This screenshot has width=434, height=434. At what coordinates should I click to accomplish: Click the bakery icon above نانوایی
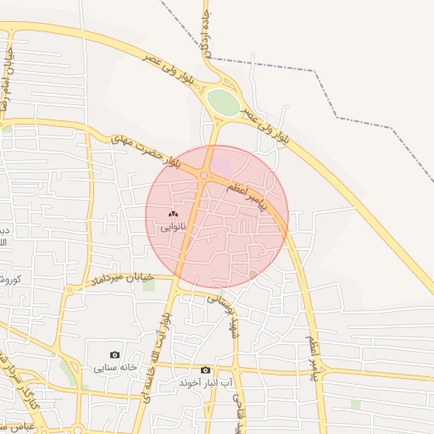tap(173, 214)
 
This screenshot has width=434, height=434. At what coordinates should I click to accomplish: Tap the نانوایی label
tap(173, 227)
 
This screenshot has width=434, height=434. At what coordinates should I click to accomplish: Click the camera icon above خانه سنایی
tap(115, 354)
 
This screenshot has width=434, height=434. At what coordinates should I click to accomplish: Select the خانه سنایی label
tap(115, 367)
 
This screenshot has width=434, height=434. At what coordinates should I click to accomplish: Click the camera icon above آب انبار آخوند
tap(205, 370)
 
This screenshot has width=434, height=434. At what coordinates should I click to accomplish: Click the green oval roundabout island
tap(224, 103)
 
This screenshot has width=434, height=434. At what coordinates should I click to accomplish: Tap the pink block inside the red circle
tap(220, 162)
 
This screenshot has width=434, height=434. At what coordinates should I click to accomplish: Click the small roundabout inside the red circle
tap(203, 175)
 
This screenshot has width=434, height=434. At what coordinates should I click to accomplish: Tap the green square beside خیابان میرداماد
tap(149, 285)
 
